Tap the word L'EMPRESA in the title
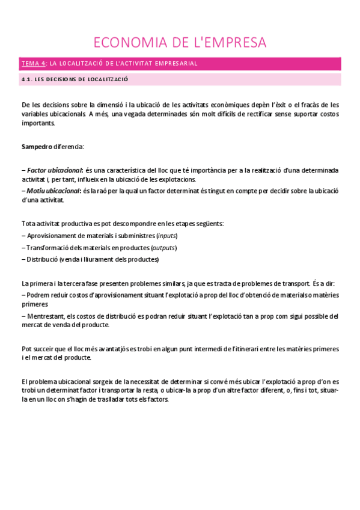point(231,42)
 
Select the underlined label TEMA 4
point(33,63)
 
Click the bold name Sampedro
point(36,147)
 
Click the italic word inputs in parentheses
point(167,235)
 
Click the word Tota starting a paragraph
point(29,224)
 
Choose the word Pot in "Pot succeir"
point(26,349)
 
